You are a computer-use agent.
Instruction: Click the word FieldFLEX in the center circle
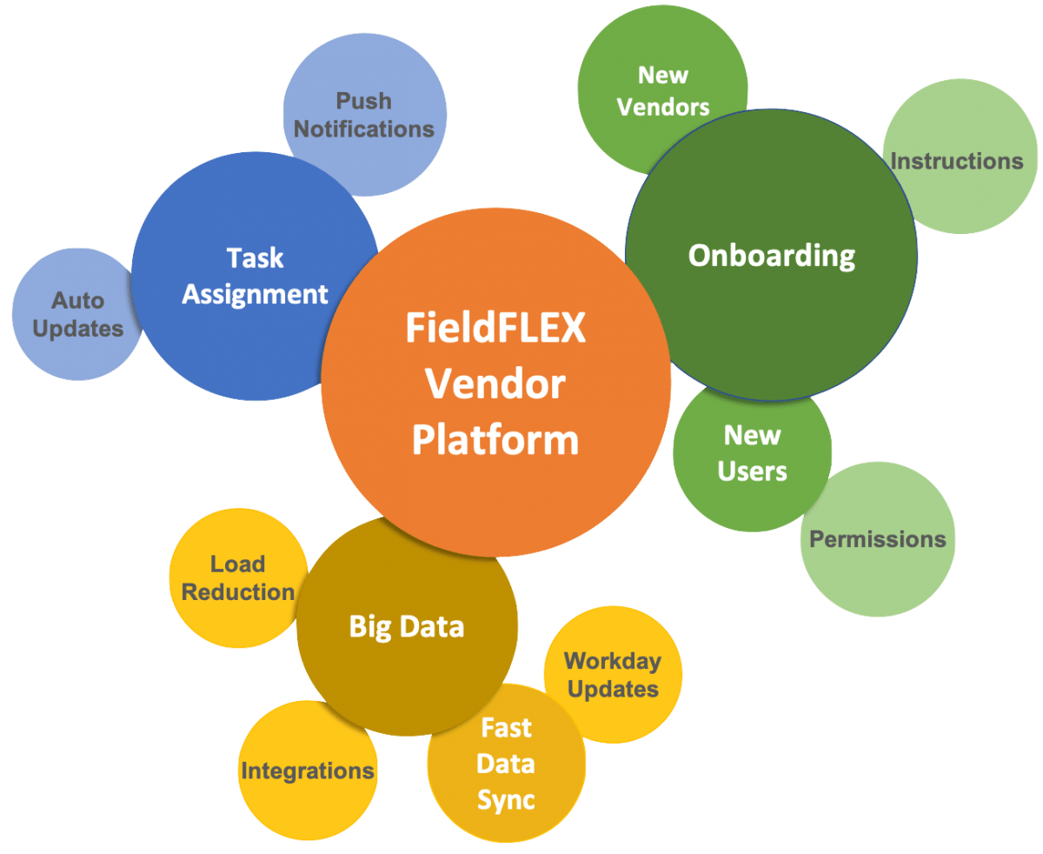495,330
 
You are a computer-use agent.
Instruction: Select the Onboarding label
772,256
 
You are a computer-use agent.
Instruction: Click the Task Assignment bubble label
255,276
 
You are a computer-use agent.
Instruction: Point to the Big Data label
407,626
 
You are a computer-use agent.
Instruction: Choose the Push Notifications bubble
363,115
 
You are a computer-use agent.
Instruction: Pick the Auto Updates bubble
77,315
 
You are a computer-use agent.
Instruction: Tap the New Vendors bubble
662,91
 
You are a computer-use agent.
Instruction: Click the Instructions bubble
957,161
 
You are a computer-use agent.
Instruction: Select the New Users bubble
753,453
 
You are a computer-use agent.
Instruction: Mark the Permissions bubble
877,539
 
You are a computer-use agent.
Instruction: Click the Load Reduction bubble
237,578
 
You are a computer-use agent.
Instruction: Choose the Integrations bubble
308,771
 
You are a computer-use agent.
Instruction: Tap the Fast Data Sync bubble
506,764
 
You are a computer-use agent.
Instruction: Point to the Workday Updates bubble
613,675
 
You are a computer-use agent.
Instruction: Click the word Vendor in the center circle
495,384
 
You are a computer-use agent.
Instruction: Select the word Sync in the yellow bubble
506,800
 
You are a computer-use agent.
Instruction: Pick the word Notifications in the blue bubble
363,129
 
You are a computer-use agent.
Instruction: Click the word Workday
613,661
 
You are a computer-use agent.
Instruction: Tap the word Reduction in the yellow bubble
237,592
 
